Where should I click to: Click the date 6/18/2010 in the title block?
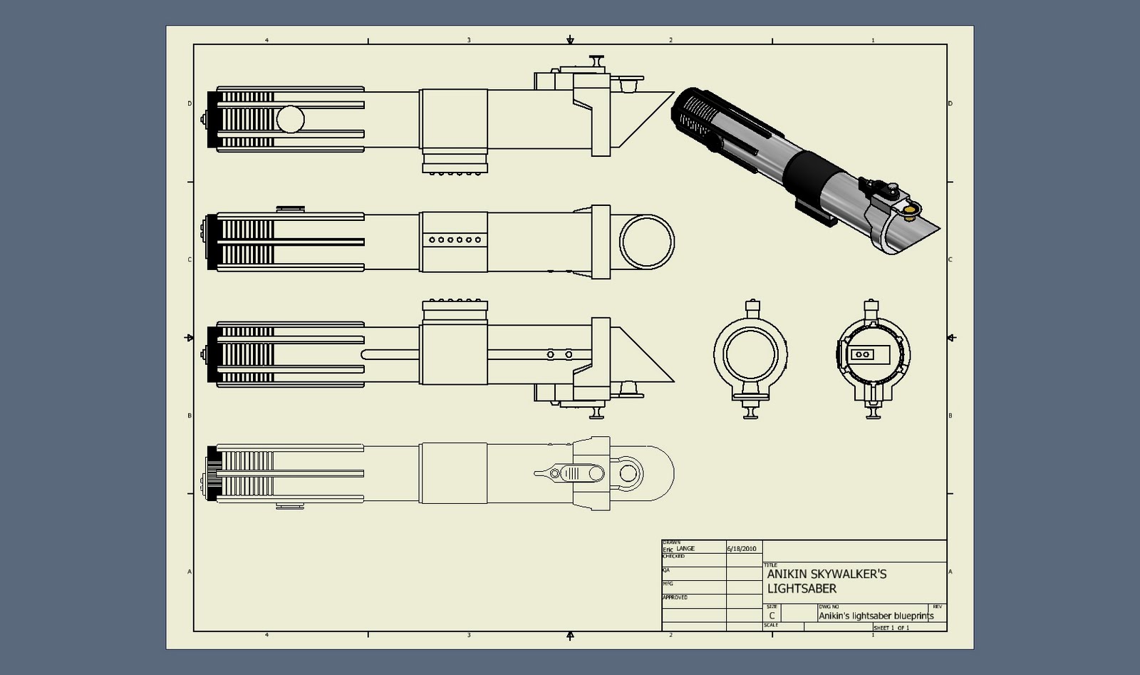(x=741, y=549)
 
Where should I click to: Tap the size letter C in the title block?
(x=772, y=616)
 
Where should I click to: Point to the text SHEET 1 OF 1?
(x=891, y=628)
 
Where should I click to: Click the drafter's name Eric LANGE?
(x=678, y=549)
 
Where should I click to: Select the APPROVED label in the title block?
(x=675, y=597)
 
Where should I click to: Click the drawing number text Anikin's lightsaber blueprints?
(x=875, y=616)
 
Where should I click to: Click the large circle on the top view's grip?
(x=290, y=120)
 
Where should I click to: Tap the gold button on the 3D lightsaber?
(x=910, y=210)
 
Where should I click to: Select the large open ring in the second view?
(x=646, y=241)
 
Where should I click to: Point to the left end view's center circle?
(x=750, y=354)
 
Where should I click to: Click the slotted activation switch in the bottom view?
(x=580, y=473)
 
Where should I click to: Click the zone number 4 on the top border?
(x=266, y=41)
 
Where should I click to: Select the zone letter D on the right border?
(x=950, y=104)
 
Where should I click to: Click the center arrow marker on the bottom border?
(x=570, y=635)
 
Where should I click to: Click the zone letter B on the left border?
(x=190, y=416)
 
